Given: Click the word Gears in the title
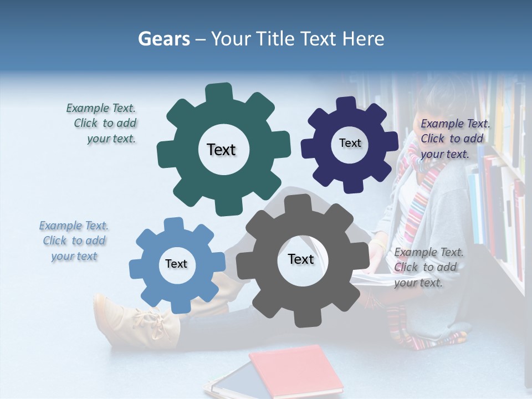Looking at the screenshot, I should (x=164, y=39).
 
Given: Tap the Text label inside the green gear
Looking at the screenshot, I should (x=221, y=150).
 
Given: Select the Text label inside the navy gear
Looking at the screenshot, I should (x=350, y=143).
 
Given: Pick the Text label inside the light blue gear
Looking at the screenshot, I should (x=176, y=264).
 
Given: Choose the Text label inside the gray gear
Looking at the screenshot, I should (x=301, y=259).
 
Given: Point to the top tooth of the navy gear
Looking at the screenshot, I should (x=347, y=104).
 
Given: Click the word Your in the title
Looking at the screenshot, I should (x=228, y=39).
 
